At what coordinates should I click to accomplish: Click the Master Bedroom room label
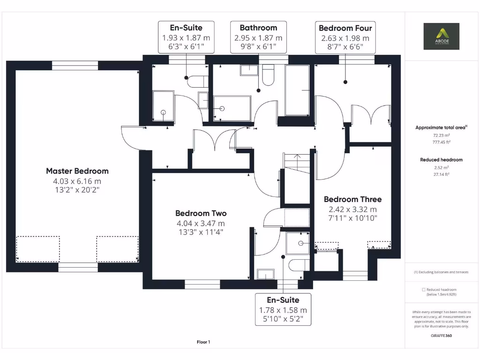tap(77, 171)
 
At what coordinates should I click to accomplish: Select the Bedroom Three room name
tap(352, 199)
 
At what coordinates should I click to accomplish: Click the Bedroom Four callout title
tap(345, 28)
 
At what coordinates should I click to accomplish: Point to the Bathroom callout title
tap(258, 28)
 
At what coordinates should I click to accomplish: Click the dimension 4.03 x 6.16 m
tap(77, 181)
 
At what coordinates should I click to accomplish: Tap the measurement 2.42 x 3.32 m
tap(352, 210)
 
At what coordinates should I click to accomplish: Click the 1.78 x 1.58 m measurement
tap(283, 310)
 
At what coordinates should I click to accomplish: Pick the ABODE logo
tap(441, 36)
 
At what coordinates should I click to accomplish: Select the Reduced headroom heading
tap(441, 160)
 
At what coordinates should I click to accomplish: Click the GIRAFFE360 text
tap(441, 336)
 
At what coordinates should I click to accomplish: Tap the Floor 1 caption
tap(203, 342)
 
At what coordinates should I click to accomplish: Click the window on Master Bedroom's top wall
tap(75, 65)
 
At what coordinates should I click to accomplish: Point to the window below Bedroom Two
tap(202, 284)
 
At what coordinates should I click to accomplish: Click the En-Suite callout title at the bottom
tap(283, 300)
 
